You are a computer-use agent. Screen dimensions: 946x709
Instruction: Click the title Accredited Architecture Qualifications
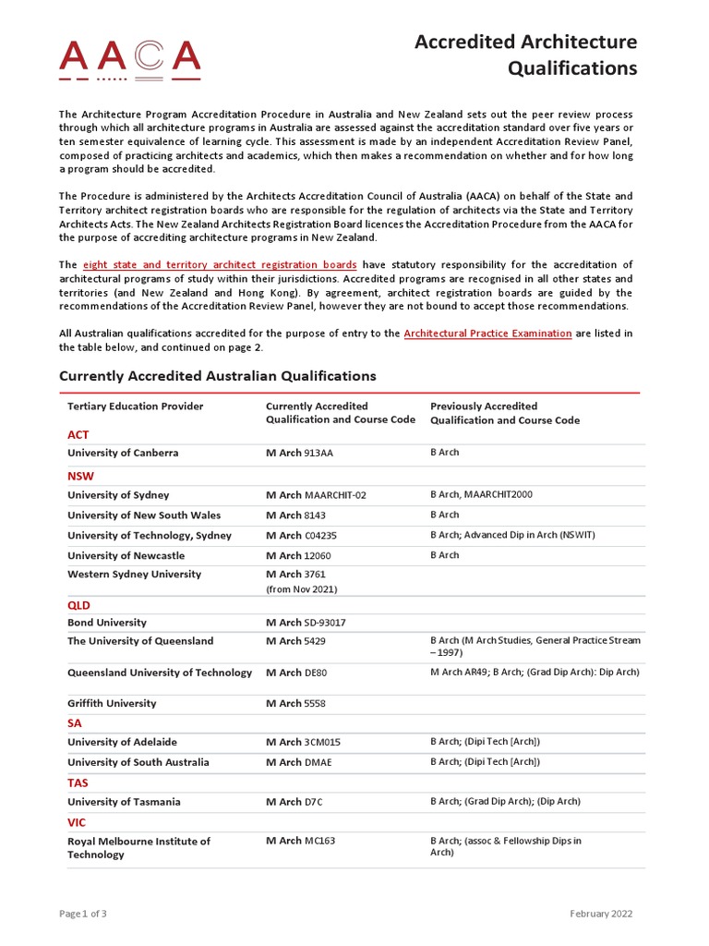pos(525,55)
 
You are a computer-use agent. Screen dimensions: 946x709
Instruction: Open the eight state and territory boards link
pos(220,265)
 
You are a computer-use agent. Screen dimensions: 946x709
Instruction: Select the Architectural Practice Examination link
pos(487,334)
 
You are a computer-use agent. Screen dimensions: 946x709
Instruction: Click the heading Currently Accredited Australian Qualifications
pos(218,376)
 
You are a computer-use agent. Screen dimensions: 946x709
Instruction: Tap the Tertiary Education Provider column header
pos(136,406)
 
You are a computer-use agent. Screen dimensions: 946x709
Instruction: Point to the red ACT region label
pos(78,434)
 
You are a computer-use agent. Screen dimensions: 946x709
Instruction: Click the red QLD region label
pos(79,605)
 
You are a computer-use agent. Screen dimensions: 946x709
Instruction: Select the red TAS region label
pos(78,782)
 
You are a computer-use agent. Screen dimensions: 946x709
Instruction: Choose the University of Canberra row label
pos(123,454)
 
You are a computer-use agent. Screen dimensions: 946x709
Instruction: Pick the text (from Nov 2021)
pos(301,589)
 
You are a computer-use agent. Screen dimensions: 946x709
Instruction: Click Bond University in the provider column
pos(107,623)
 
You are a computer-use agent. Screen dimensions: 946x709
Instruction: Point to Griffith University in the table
pos(112,704)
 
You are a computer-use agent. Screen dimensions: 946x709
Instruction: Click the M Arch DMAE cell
pos(298,763)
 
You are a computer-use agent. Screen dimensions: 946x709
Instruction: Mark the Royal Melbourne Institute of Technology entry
pos(138,848)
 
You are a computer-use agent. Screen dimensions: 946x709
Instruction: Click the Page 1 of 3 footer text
pos(83,914)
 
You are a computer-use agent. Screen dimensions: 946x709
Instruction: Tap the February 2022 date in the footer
pos(601,914)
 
